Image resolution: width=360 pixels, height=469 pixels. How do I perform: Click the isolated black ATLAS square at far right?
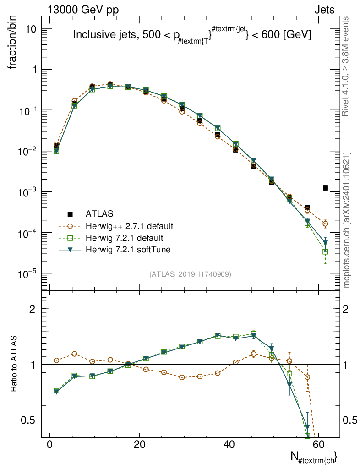click(x=325, y=188)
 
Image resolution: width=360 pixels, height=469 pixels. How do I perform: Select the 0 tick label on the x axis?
click(x=49, y=445)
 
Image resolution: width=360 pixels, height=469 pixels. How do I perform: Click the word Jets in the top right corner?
click(x=324, y=10)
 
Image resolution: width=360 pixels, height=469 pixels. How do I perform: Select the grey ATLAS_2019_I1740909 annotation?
click(x=190, y=274)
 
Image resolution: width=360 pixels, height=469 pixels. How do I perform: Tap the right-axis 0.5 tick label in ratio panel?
click(x=350, y=420)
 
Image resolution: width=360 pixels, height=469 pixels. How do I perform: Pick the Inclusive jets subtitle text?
click(x=192, y=35)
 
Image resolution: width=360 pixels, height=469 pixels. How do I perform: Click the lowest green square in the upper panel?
click(x=325, y=251)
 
